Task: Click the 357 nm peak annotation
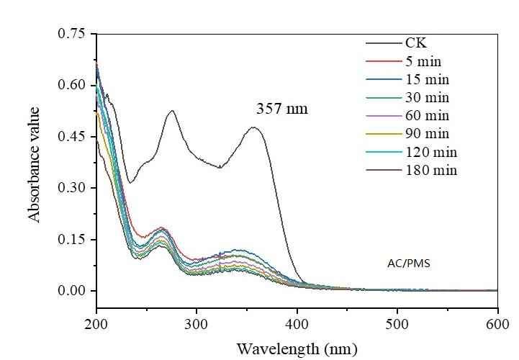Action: pyautogui.click(x=282, y=110)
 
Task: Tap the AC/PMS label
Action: pyautogui.click(x=407, y=264)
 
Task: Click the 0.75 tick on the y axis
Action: pyautogui.click(x=73, y=35)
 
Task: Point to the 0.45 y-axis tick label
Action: pyautogui.click(x=73, y=137)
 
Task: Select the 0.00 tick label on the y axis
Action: pyautogui.click(x=73, y=291)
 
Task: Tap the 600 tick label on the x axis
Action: pyautogui.click(x=497, y=323)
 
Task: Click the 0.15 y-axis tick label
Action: pyautogui.click(x=73, y=240)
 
